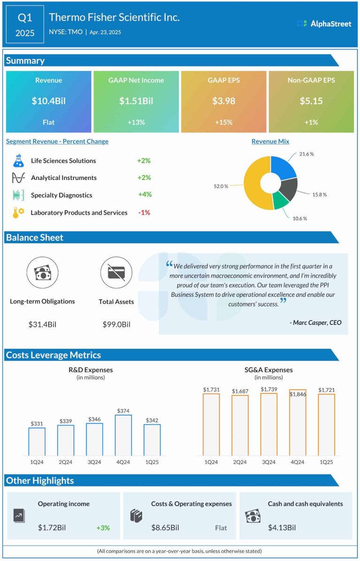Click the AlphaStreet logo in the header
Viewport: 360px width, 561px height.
pyautogui.click(x=324, y=23)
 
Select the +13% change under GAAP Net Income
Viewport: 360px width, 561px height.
pyautogui.click(x=136, y=122)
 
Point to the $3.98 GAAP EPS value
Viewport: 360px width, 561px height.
pyautogui.click(x=224, y=101)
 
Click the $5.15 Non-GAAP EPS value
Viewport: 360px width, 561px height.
pyautogui.click(x=311, y=101)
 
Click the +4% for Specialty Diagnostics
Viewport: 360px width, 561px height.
pyautogui.click(x=145, y=194)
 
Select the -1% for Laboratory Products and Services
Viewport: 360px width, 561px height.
pyautogui.click(x=144, y=212)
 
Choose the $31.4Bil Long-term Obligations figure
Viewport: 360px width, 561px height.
pyautogui.click(x=43, y=324)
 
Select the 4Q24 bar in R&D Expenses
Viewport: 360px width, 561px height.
pyautogui.click(x=123, y=434)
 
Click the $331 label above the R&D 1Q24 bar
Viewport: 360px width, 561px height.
pyautogui.click(x=37, y=424)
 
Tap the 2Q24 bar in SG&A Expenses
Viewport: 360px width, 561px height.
pyautogui.click(x=240, y=425)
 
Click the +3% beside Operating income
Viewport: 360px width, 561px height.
pyautogui.click(x=103, y=528)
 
